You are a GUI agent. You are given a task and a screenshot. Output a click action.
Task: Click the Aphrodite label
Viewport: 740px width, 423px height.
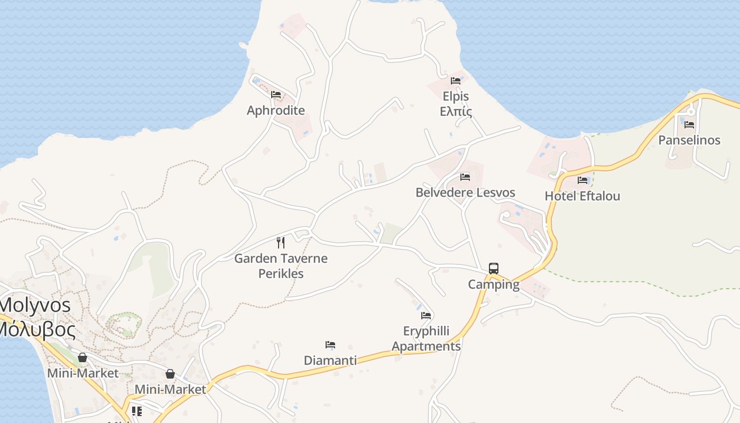coord(276,111)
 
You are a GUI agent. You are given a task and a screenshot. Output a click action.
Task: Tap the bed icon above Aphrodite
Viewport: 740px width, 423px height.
coord(276,95)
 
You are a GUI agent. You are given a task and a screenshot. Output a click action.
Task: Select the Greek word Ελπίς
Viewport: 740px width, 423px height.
coord(456,112)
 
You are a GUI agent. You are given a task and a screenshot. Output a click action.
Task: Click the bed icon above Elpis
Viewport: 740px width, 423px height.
coord(456,81)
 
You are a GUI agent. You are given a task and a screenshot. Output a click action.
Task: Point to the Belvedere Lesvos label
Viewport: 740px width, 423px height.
coord(465,192)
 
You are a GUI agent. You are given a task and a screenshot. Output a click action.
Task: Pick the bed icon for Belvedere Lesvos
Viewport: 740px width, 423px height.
coord(465,177)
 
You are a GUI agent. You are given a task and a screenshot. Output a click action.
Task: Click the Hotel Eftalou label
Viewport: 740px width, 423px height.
coord(582,196)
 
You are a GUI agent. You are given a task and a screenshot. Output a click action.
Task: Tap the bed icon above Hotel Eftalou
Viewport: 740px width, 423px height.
coord(582,180)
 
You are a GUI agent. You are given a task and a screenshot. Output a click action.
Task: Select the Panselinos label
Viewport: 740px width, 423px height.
coord(689,140)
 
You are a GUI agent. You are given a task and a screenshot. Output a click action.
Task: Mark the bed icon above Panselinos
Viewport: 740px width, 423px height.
coord(689,125)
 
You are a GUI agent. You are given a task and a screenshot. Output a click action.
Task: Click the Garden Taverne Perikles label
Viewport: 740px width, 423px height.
coord(281,266)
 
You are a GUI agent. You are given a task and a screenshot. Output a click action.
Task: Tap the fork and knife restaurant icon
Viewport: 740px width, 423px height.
coord(281,243)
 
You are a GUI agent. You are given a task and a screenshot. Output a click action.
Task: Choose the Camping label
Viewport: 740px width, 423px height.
coord(494,284)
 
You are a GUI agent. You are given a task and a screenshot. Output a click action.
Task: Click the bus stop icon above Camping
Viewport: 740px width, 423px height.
coord(494,269)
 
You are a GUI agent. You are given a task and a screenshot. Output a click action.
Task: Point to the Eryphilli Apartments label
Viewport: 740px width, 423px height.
coord(426,339)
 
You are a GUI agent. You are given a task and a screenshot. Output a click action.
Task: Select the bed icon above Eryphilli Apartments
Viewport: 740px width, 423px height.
coord(426,316)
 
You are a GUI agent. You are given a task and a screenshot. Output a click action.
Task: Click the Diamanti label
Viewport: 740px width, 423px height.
coord(330,361)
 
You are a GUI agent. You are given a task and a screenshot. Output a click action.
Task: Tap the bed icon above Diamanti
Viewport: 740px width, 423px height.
coord(330,345)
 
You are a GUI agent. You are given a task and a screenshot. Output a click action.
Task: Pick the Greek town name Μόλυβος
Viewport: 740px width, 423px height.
coord(36,329)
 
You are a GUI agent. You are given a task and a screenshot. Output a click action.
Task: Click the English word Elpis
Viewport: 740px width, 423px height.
coord(456,97)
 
